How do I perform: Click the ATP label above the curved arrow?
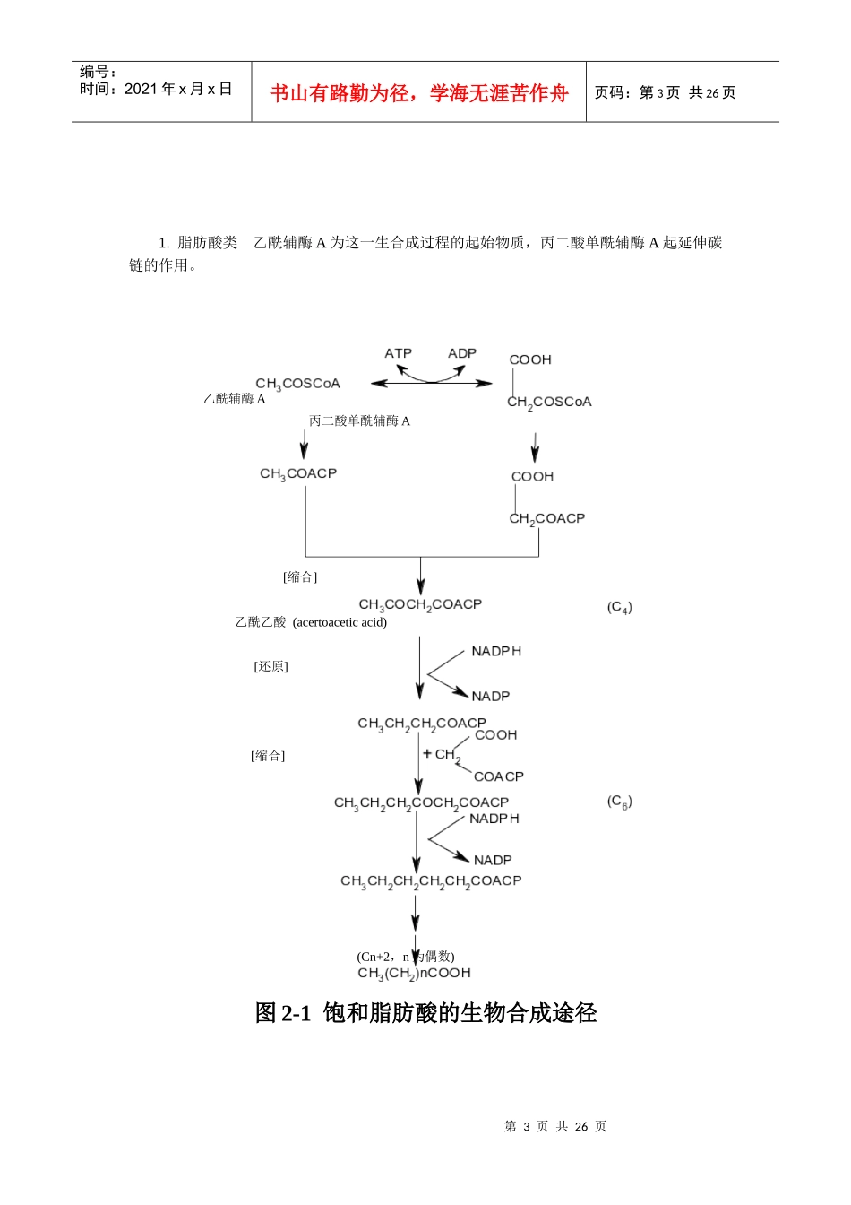(x=398, y=353)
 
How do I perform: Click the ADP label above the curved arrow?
(x=462, y=353)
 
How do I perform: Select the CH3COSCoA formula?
(x=297, y=384)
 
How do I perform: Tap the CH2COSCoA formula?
(x=549, y=403)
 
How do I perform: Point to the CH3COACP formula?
(x=298, y=473)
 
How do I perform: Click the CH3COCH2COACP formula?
(x=420, y=605)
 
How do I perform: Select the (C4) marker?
(x=619, y=608)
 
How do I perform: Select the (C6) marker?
(x=619, y=802)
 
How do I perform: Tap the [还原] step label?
(x=271, y=666)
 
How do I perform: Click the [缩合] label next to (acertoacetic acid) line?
(x=300, y=576)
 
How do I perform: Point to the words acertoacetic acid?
(x=340, y=622)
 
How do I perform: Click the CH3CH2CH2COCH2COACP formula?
(x=421, y=803)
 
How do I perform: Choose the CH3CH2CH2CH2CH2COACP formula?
(x=431, y=881)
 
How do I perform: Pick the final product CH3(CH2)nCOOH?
(x=414, y=974)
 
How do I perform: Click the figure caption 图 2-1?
(x=282, y=1013)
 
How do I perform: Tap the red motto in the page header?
(x=419, y=93)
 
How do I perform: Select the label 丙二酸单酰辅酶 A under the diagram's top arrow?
(x=359, y=420)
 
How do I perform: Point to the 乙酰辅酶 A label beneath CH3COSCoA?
(x=235, y=399)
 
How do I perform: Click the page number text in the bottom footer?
(x=555, y=1126)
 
